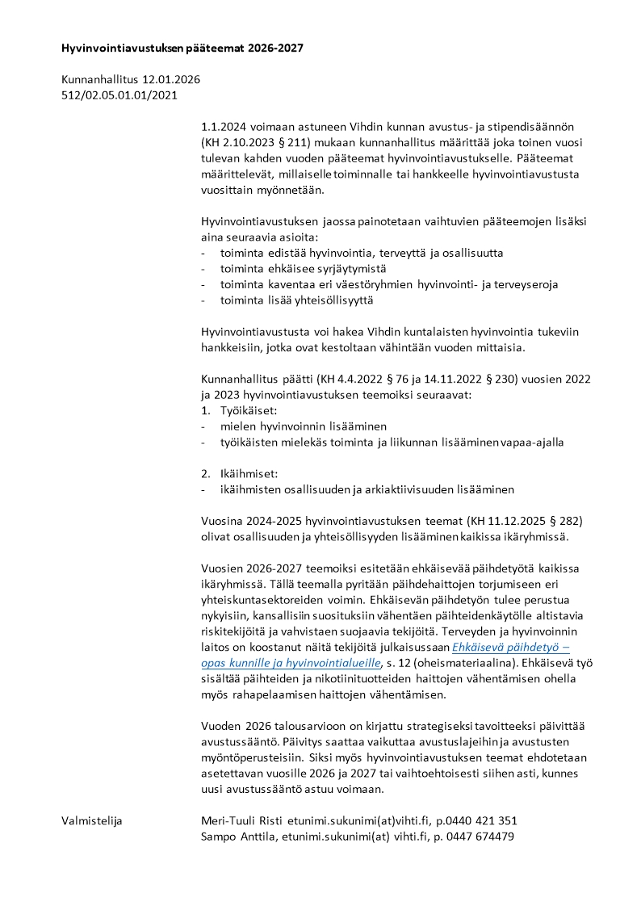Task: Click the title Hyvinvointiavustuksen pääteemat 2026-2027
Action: tap(182, 48)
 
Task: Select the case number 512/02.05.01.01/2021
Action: tap(119, 95)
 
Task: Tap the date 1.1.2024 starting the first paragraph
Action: tap(226, 128)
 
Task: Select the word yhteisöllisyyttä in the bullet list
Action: tap(325, 300)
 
